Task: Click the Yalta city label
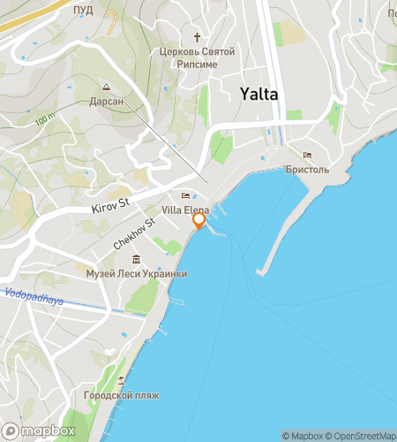259,95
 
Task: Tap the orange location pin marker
199,221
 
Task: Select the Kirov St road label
110,206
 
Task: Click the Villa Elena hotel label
185,210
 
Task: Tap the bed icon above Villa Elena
185,196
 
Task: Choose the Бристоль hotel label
308,169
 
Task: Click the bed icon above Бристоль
307,156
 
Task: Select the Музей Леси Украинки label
136,274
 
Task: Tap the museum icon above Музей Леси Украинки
136,260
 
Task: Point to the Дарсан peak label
105,102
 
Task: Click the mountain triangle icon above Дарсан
106,88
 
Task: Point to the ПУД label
84,10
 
